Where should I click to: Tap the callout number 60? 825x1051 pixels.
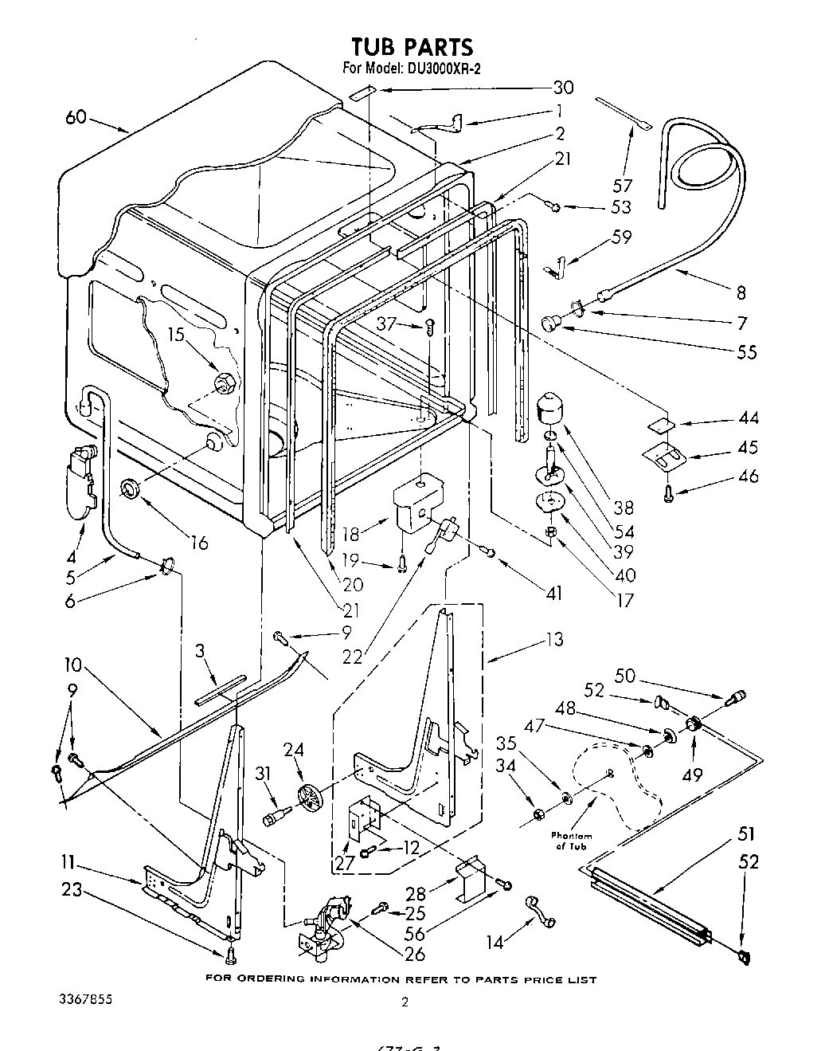pos(76,119)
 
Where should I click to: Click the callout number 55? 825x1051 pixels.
pos(747,351)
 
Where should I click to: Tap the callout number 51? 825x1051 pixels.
pos(747,835)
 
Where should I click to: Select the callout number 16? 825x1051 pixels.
pos(198,543)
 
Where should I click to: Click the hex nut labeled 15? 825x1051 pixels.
pos(224,383)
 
